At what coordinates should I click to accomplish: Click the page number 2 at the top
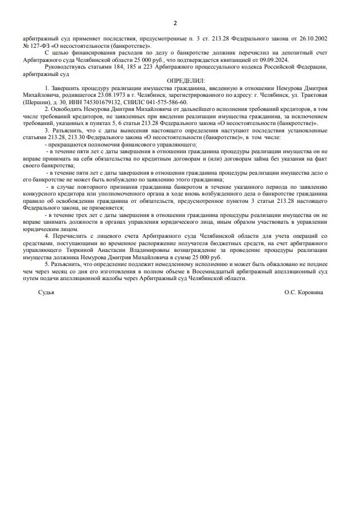click(x=175, y=23)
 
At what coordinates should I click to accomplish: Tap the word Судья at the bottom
click(x=46, y=292)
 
